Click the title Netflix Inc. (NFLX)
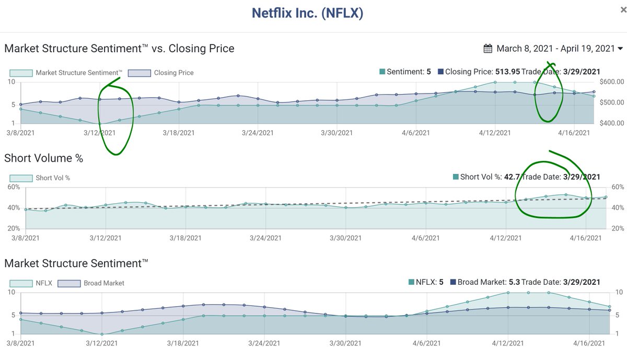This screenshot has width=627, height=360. tap(307, 13)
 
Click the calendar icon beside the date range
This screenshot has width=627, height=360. tap(488, 49)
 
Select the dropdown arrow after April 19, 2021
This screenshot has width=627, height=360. tap(620, 49)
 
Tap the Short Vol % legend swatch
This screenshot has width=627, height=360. tap(20, 178)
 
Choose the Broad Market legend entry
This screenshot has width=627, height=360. tap(104, 283)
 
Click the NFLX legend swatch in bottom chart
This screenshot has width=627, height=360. tap(20, 283)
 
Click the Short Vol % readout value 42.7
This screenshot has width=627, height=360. tap(511, 177)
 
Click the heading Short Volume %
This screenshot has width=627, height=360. tap(43, 158)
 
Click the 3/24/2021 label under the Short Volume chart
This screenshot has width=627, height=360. tap(264, 238)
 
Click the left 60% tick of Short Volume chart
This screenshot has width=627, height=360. tap(14, 187)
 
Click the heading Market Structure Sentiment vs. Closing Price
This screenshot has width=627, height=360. tap(119, 49)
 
